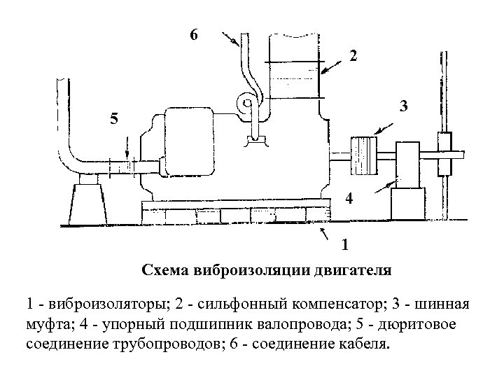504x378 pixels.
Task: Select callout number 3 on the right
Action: (404, 107)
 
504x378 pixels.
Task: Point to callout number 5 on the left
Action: (114, 120)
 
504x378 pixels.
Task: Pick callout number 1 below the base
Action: (344, 245)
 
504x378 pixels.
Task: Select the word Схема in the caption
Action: (164, 269)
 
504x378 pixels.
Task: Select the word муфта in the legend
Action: (46, 325)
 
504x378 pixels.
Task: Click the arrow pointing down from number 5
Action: (126, 148)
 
